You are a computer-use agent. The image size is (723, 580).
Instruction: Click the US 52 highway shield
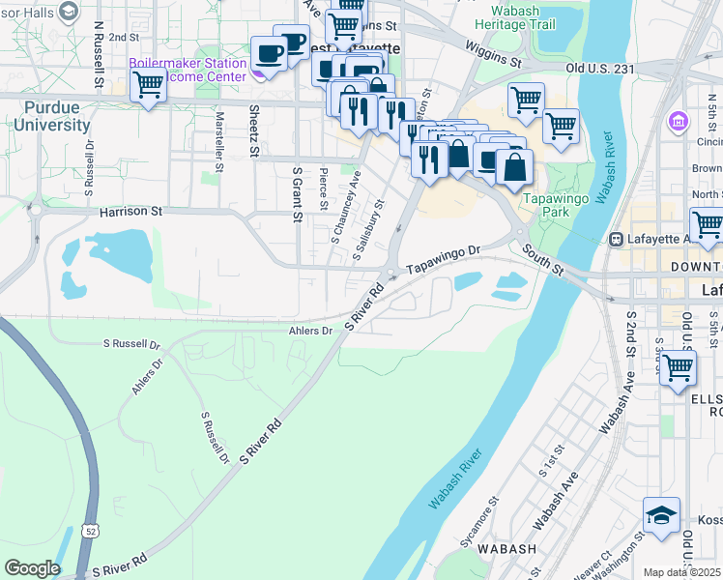[x=90, y=531]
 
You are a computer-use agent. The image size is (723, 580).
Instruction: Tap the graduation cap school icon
[x=661, y=517]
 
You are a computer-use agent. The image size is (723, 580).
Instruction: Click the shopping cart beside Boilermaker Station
[x=148, y=85]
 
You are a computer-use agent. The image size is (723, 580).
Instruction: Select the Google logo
[x=32, y=567]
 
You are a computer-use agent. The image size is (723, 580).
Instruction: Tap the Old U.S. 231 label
[x=600, y=68]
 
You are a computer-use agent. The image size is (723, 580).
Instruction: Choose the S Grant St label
[x=297, y=193]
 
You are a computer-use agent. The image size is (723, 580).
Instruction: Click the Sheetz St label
[x=254, y=130]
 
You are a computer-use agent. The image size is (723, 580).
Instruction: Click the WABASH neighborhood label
[x=507, y=549]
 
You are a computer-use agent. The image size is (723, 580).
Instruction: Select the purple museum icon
[x=678, y=123]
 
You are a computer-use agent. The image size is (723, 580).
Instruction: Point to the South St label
[x=543, y=257]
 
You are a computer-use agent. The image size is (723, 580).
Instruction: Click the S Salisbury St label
[x=369, y=231]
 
